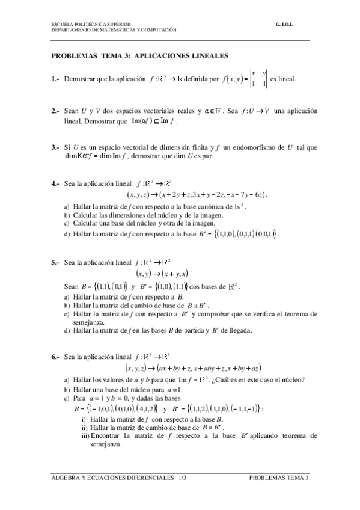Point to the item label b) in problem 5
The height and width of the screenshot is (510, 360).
(x=67, y=306)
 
